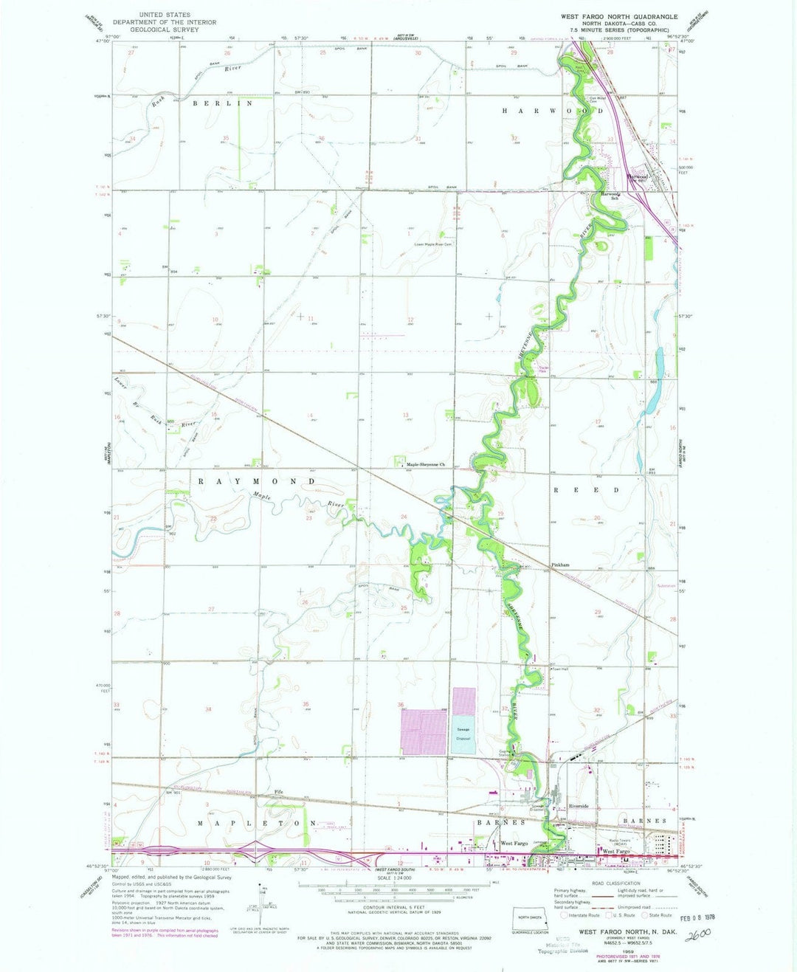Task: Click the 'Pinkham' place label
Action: [559, 565]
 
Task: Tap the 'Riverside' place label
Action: [579, 807]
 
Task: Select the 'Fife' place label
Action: [278, 792]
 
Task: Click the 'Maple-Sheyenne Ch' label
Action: [427, 465]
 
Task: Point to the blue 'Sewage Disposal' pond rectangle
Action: [463, 734]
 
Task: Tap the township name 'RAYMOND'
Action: [257, 481]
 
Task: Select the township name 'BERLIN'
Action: [222, 104]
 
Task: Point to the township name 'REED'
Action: [587, 490]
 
